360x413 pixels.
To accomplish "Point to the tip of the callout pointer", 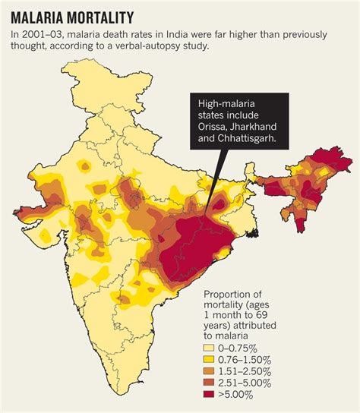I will click(x=214, y=216).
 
